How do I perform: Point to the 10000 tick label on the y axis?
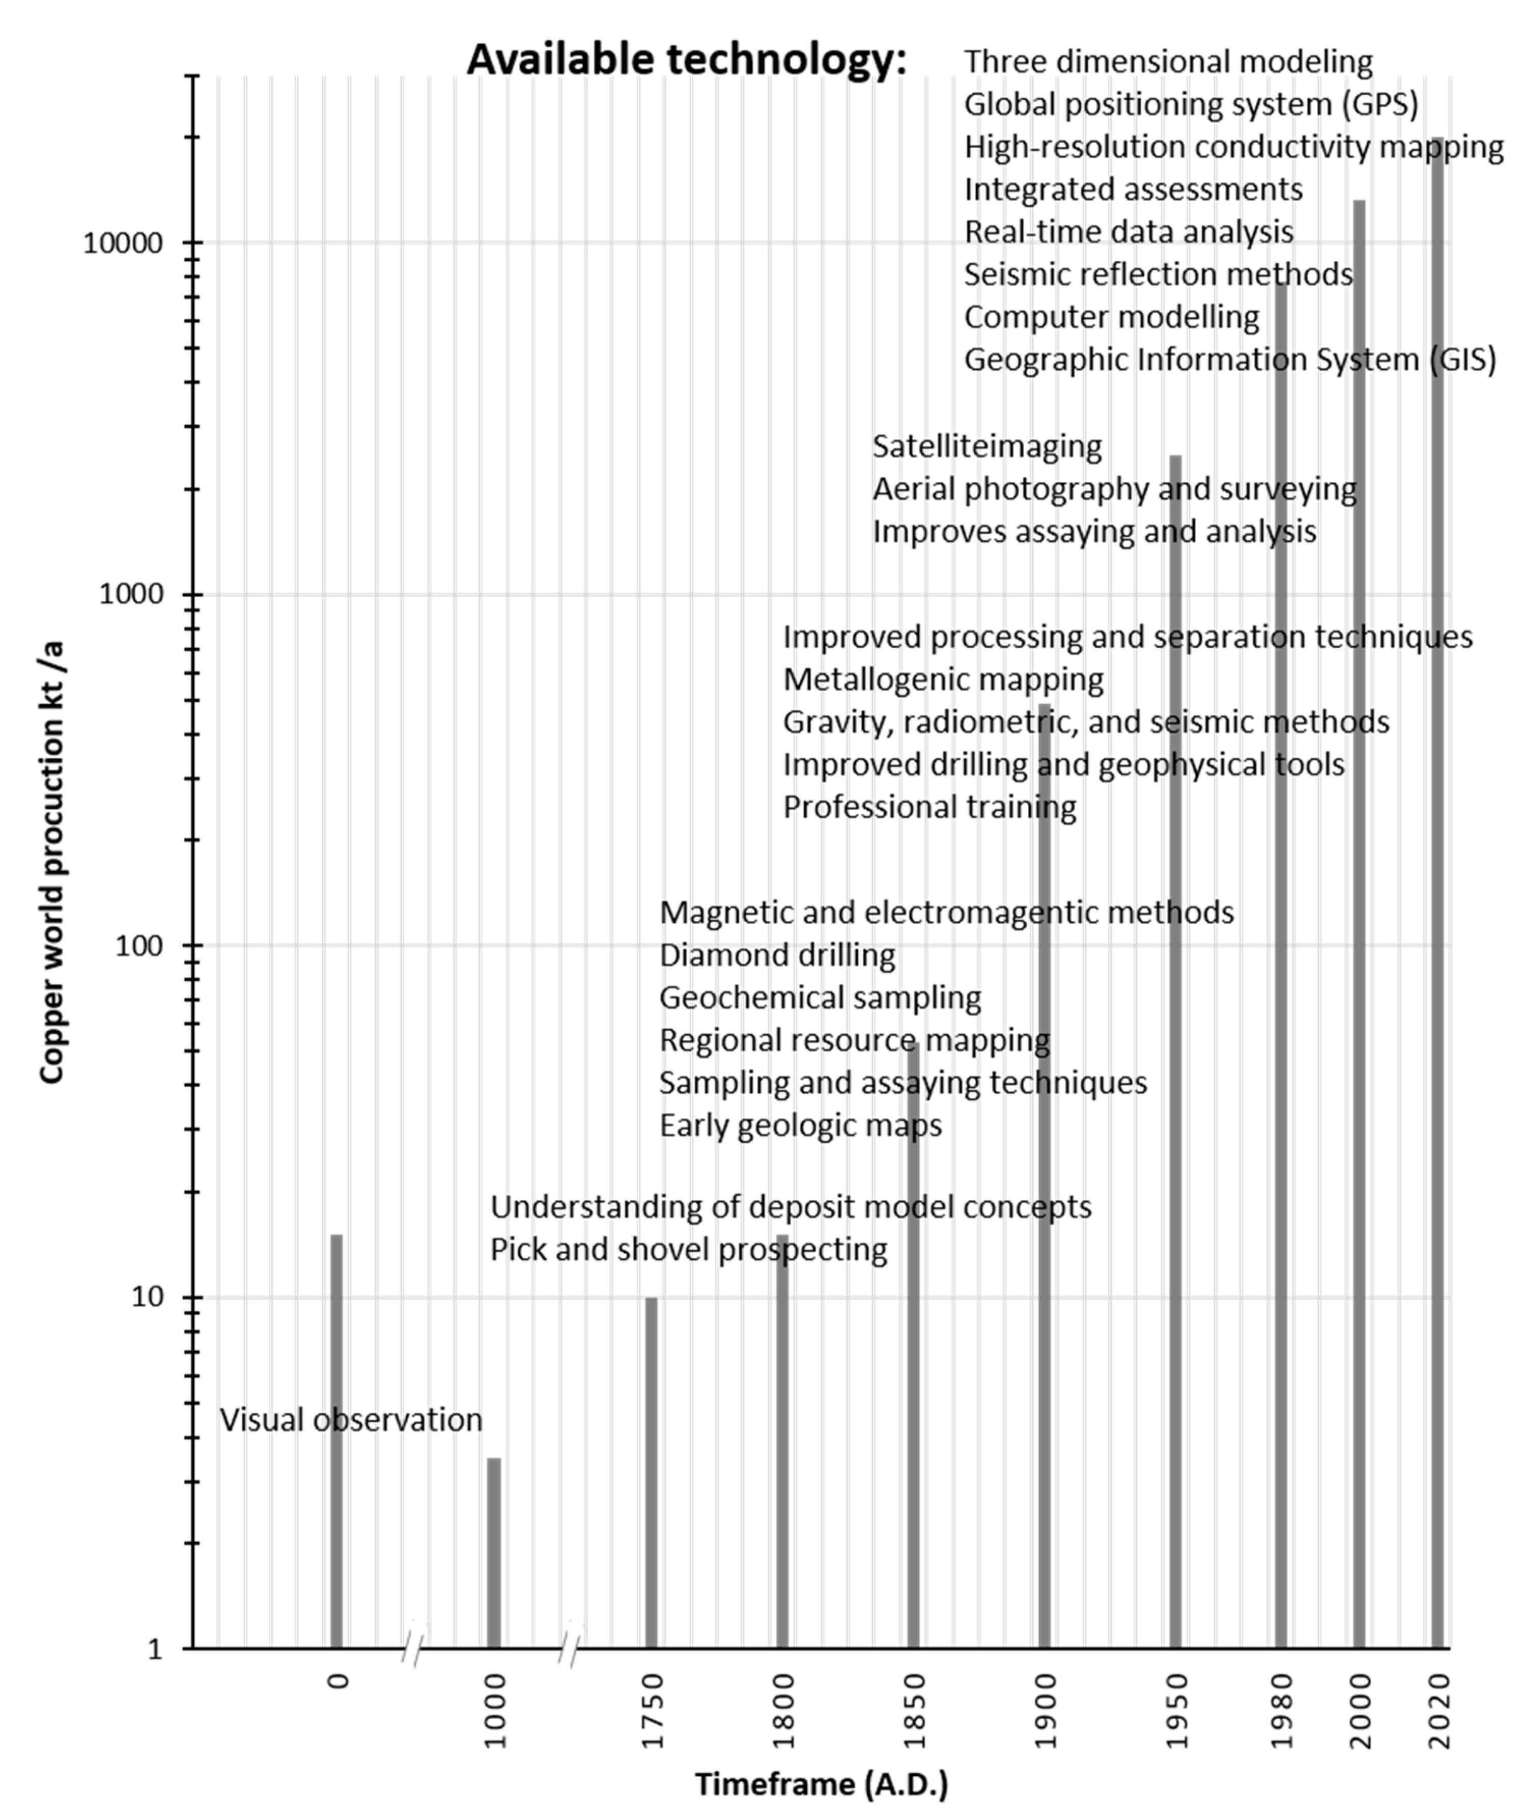(123, 243)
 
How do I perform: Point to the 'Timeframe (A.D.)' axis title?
(821, 1784)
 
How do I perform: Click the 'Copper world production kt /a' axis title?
(52, 862)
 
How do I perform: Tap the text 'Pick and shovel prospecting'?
(689, 1250)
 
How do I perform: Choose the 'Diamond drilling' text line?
(777, 955)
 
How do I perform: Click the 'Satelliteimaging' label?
(987, 446)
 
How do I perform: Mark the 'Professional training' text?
(929, 807)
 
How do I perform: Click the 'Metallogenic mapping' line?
(943, 679)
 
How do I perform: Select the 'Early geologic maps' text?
(800, 1126)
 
